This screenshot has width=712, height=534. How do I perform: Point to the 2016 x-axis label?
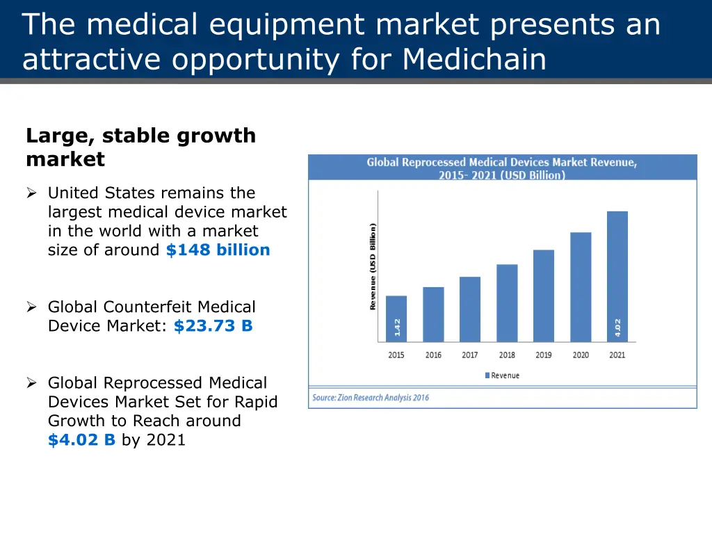[x=433, y=355]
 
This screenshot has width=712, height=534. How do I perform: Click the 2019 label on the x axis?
[x=544, y=355]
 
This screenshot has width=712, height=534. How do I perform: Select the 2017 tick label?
[x=470, y=355]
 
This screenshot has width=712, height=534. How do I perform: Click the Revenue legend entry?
[x=501, y=375]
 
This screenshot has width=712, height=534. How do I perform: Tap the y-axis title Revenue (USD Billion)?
[x=373, y=266]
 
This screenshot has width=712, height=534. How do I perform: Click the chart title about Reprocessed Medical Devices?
[x=502, y=168]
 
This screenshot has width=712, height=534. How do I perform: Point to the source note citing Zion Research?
[x=371, y=398]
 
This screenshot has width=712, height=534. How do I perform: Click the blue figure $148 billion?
[x=218, y=250]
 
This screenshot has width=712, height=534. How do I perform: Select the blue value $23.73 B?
[x=213, y=325]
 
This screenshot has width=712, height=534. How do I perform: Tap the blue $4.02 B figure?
[x=81, y=439]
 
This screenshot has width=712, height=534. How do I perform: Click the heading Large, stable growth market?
[x=140, y=147]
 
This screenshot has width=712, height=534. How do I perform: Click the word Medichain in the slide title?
[x=474, y=60]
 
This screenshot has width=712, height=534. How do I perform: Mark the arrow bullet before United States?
[x=31, y=193]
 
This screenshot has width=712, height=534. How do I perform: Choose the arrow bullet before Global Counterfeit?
[x=31, y=307]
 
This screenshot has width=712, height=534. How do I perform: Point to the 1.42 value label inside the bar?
[x=397, y=327]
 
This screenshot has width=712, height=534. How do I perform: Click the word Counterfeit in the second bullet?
[x=145, y=307]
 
